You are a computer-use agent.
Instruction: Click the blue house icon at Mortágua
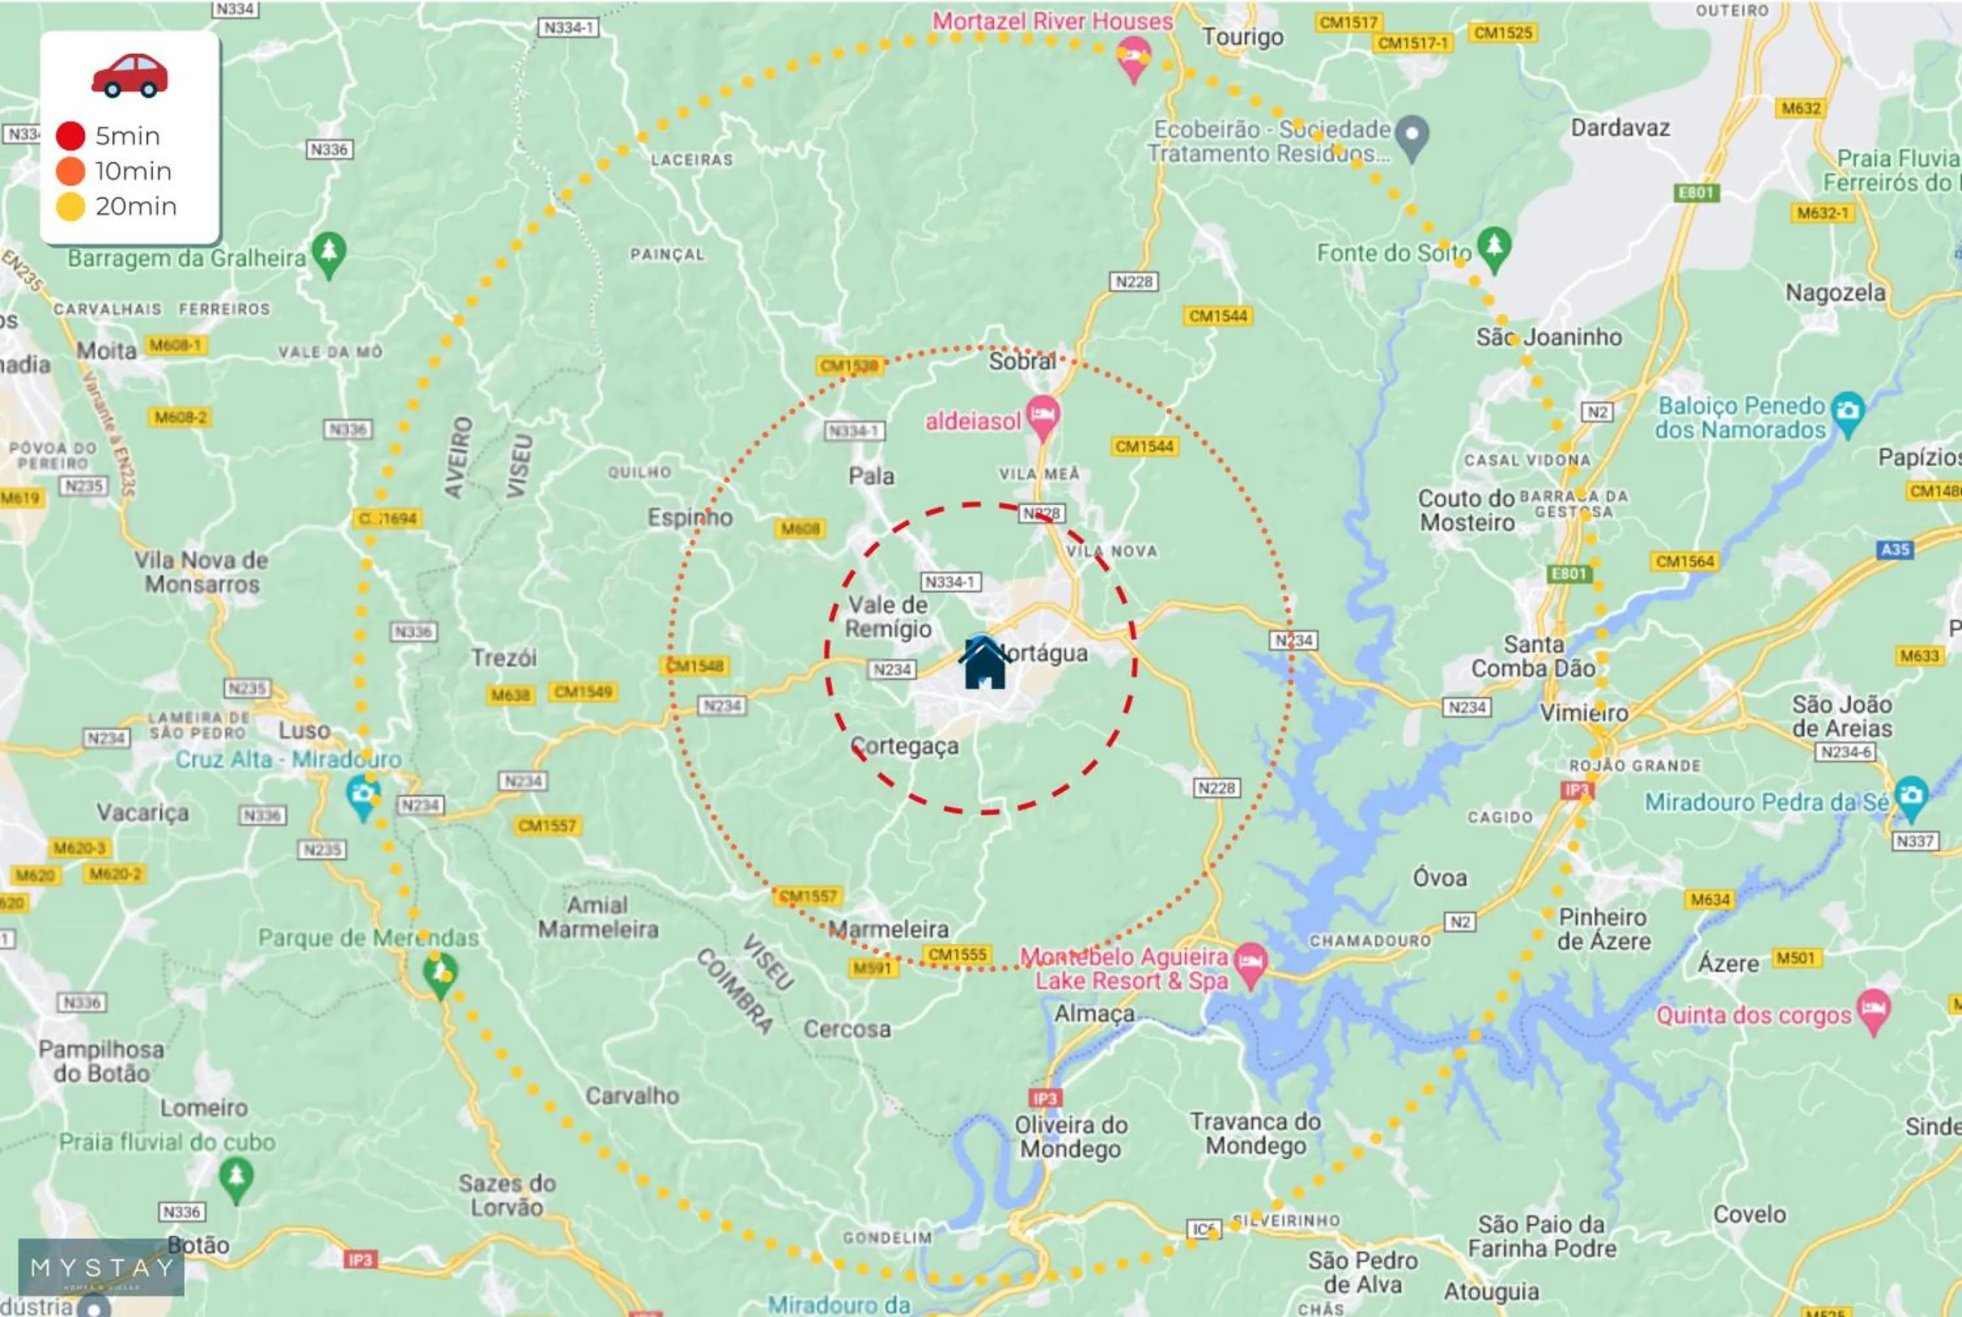[x=984, y=664]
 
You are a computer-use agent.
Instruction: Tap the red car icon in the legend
[x=129, y=76]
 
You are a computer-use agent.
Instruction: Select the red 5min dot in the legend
[x=71, y=135]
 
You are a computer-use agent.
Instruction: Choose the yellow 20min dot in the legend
[x=71, y=206]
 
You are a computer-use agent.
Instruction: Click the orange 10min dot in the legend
[x=71, y=171]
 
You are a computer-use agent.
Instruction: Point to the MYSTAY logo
[x=101, y=1267]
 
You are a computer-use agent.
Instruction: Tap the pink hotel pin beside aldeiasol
[x=1042, y=416]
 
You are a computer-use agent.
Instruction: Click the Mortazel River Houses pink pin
[x=1133, y=57]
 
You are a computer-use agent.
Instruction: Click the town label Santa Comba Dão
[x=1533, y=656]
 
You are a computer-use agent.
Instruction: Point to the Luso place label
[x=304, y=730]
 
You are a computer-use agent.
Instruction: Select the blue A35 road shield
[x=1895, y=549]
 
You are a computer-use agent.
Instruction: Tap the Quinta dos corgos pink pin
[x=1874, y=1010]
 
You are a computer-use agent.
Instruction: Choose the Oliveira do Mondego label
[x=1070, y=1137]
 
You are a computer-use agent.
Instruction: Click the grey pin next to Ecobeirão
[x=1413, y=135]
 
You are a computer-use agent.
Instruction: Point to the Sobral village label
[x=1022, y=361]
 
